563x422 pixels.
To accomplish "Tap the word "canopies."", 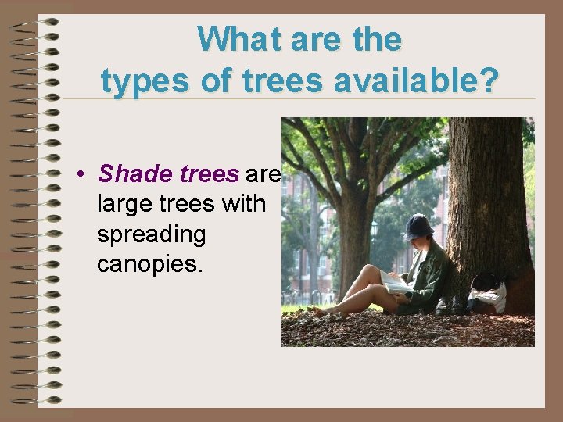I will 149,264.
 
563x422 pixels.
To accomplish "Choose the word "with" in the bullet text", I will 243,203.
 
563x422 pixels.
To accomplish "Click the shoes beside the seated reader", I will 450,306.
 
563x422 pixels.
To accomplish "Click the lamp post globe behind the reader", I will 374,228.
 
